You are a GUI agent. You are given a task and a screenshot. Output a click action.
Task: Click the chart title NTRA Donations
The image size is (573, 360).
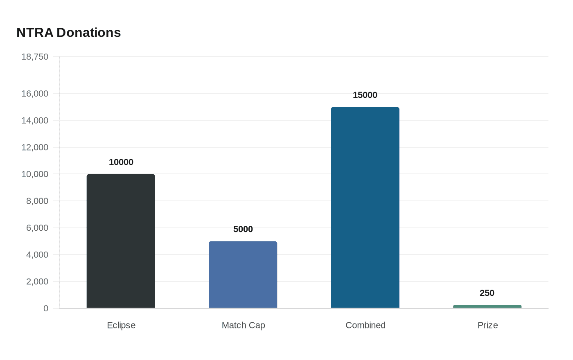click(68, 33)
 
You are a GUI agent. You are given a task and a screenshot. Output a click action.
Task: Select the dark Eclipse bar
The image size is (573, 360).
click(121, 241)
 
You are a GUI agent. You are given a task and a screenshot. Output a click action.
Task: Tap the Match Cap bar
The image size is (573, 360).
click(243, 274)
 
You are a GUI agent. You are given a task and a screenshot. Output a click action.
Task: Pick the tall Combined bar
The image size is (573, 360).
click(365, 207)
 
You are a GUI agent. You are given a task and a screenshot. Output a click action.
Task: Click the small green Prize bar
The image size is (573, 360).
click(487, 306)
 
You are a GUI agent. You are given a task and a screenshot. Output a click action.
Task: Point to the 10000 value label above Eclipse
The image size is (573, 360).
click(121, 162)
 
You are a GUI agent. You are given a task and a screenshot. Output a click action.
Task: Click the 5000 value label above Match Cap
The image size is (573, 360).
click(243, 229)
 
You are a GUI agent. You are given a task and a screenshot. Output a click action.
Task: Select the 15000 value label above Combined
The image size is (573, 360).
click(365, 95)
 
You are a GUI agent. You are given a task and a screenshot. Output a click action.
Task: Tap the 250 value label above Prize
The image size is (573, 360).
click(487, 293)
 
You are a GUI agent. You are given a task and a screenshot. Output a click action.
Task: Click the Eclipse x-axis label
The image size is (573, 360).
click(121, 325)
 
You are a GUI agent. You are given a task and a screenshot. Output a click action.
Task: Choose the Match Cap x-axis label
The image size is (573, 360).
click(243, 325)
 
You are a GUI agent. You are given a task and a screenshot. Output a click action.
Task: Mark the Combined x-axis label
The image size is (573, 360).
click(365, 325)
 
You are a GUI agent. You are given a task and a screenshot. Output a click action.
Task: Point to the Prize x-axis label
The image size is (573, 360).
click(487, 325)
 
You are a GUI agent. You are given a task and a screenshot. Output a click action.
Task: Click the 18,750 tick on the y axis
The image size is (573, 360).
click(35, 57)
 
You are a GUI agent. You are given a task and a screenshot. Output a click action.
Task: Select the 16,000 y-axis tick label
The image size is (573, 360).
click(35, 94)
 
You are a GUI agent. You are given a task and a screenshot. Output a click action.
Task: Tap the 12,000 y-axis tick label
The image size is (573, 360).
click(35, 147)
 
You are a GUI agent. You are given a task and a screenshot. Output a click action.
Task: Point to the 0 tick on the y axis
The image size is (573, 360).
click(46, 308)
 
